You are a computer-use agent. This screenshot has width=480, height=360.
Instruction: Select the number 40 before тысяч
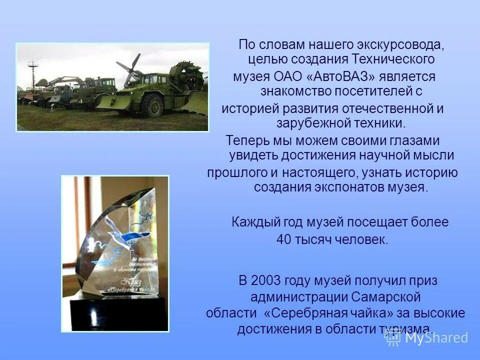point(283,239)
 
